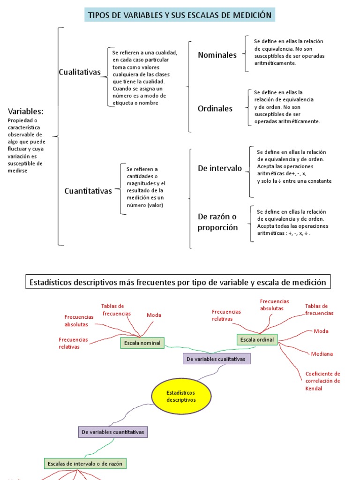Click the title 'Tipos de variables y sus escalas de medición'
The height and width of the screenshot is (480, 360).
point(180,15)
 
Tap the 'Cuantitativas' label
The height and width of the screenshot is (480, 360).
point(88,191)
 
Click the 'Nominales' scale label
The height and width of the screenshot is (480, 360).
point(217,55)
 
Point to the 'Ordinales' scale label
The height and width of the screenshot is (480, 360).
point(215,108)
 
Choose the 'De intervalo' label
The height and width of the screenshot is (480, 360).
point(220,168)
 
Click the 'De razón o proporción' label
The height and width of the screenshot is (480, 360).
point(217,222)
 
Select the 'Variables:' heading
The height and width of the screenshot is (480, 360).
point(26,111)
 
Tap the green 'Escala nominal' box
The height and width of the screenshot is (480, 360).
point(142,343)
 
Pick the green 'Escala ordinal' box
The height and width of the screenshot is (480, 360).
point(257,339)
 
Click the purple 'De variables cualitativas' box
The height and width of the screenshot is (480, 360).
point(216,359)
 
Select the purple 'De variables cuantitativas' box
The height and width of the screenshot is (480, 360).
point(112,432)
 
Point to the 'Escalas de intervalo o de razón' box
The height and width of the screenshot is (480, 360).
point(85,464)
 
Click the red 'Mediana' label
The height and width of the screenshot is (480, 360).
point(322,354)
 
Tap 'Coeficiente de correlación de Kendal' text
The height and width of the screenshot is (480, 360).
point(322,381)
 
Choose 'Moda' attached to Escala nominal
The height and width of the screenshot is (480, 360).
point(154,315)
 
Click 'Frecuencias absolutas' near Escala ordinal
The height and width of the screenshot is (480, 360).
point(274,305)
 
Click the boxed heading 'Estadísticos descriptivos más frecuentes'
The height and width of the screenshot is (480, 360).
point(178,282)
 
